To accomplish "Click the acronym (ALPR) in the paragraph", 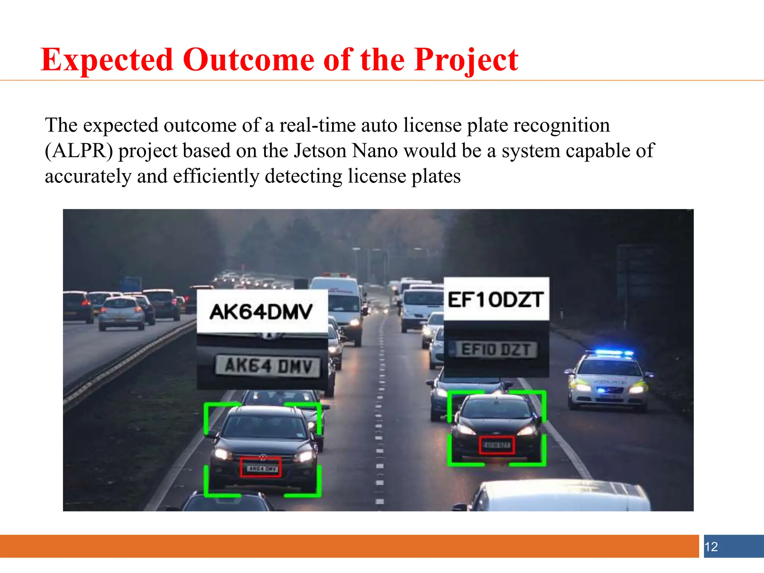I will pyautogui.click(x=79, y=151).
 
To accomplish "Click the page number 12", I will pyautogui.click(x=711, y=547).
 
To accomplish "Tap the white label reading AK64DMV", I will pyautogui.click(x=262, y=311).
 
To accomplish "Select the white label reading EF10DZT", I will pyautogui.click(x=496, y=299).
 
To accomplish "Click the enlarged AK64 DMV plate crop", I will pyautogui.click(x=268, y=366).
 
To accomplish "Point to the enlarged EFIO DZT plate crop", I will pyautogui.click(x=496, y=350).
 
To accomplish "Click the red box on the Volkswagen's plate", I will pyautogui.click(x=260, y=467).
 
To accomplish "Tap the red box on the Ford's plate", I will pyautogui.click(x=497, y=445).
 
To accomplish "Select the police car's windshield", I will pyautogui.click(x=608, y=367).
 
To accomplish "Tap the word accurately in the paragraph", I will pyautogui.click(x=88, y=176).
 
